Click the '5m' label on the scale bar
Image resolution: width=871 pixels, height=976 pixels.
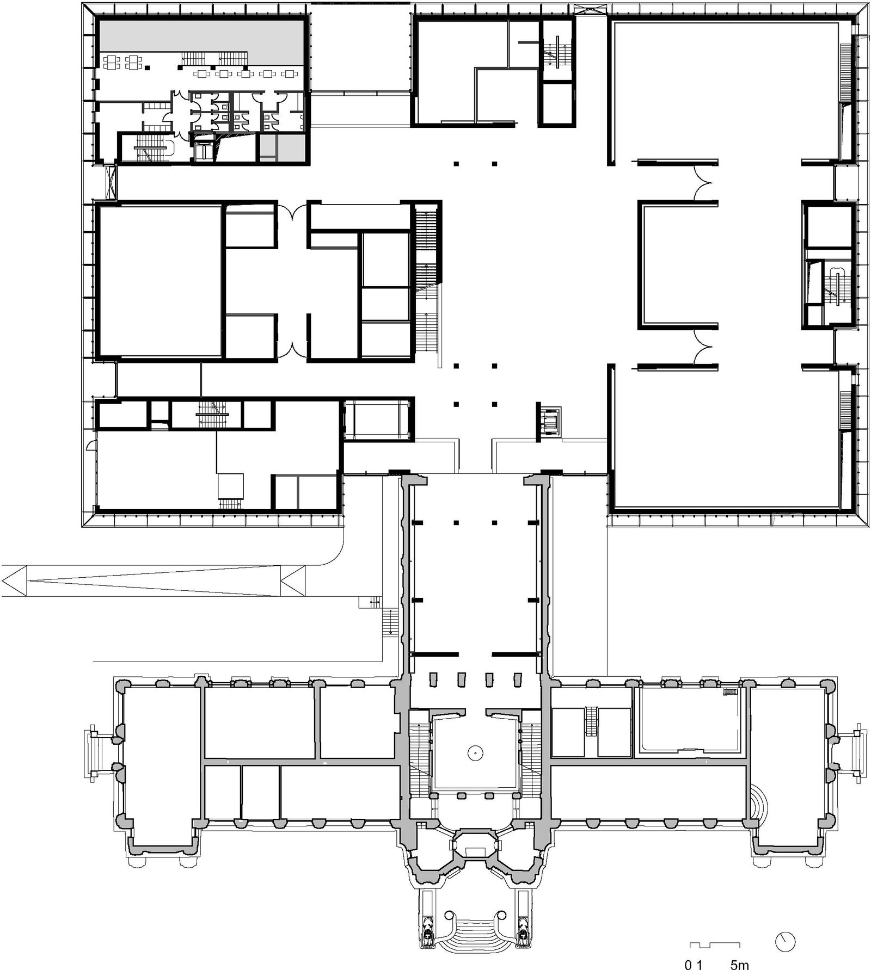pyautogui.click(x=739, y=966)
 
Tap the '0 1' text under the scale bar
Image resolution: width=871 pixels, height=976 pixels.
pyautogui.click(x=694, y=966)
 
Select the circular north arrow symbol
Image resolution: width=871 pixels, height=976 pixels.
pyautogui.click(x=785, y=942)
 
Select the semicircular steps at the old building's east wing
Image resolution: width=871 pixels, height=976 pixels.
pyautogui.click(x=763, y=802)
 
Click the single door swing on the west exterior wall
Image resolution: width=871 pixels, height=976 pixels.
pyautogui.click(x=91, y=446)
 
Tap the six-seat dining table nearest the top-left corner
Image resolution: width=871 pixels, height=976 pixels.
pyautogui.click(x=111, y=61)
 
